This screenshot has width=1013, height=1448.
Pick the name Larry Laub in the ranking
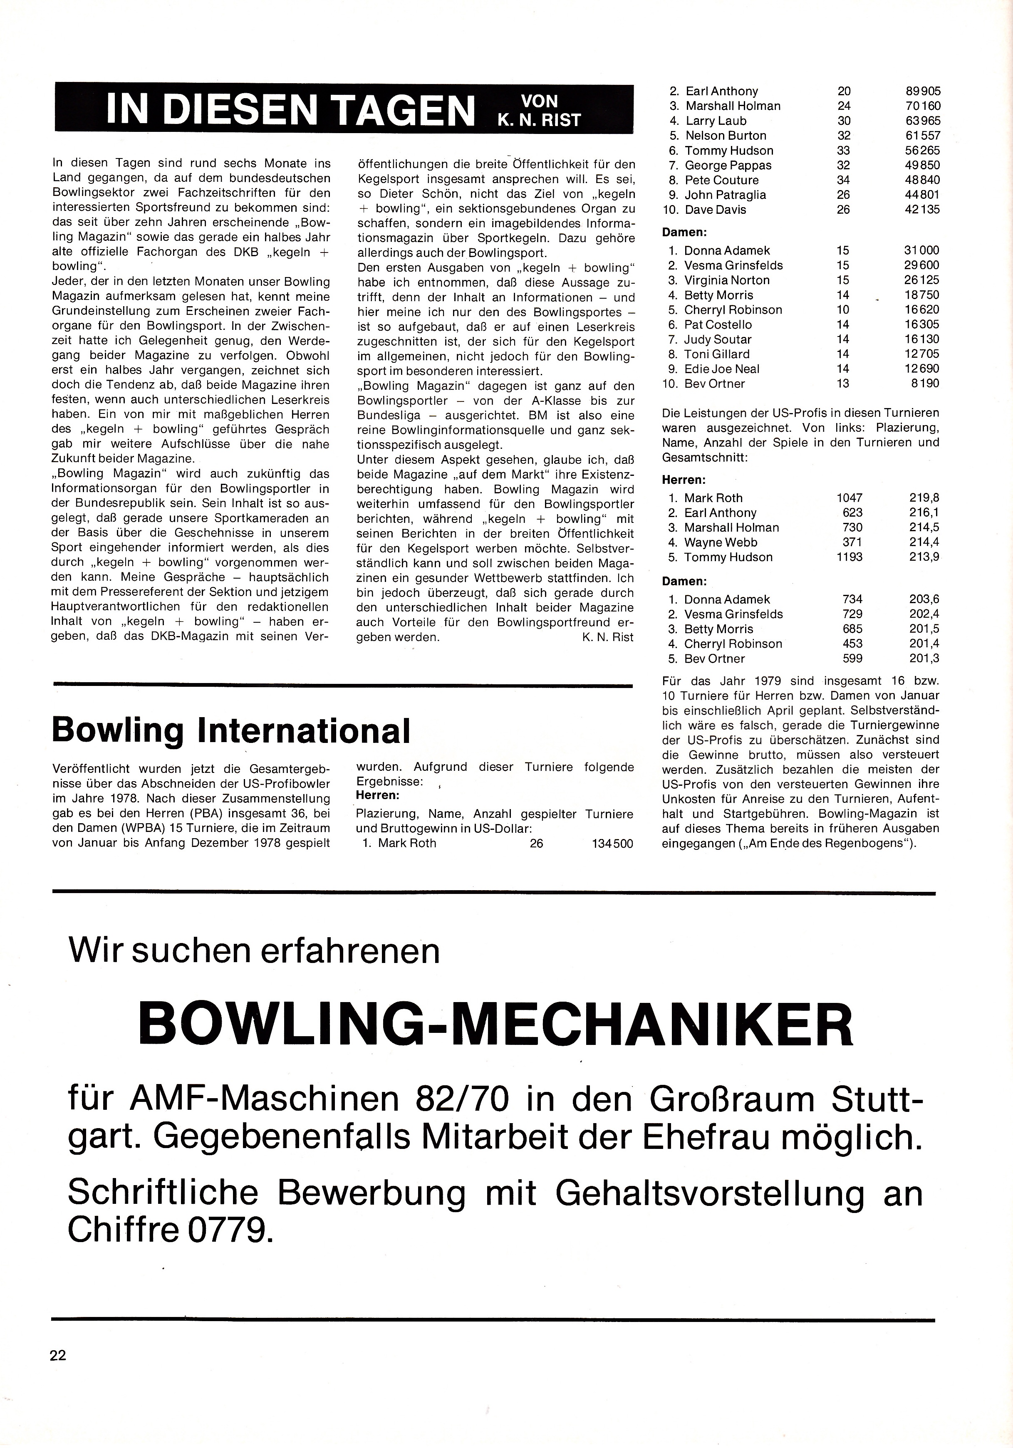point(716,121)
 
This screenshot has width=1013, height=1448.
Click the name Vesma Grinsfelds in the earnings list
point(733,265)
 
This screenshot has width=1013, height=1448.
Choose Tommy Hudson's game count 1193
point(849,557)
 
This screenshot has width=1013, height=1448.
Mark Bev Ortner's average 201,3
point(924,659)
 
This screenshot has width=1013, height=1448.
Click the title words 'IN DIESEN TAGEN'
point(290,109)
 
